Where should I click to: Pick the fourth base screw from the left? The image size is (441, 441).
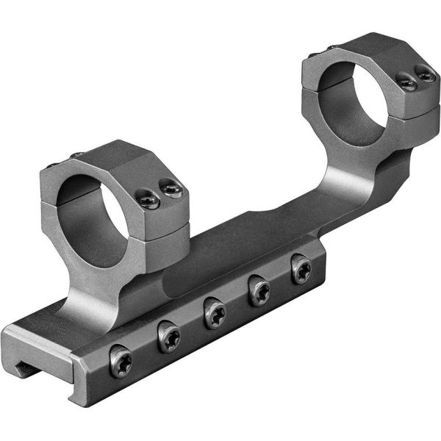tap(259, 293)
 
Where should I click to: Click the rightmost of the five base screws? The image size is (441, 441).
tap(301, 269)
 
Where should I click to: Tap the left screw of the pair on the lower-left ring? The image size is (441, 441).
tap(148, 198)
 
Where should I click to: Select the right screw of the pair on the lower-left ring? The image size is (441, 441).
tap(172, 190)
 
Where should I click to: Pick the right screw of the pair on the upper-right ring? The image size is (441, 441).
tap(424, 74)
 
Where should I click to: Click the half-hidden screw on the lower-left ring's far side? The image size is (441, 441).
tap(76, 155)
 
